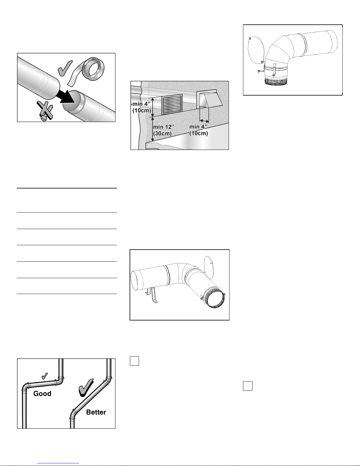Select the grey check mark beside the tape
pyautogui.click(x=65, y=68)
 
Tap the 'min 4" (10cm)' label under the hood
pyautogui.click(x=198, y=130)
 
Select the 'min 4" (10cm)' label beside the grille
pyautogui.click(x=142, y=107)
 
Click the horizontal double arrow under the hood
pyautogui.click(x=204, y=121)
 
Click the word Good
pyautogui.click(x=42, y=393)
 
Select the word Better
pyautogui.click(x=96, y=412)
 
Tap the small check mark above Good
pyautogui.click(x=45, y=376)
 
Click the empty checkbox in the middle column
pyautogui.click(x=134, y=361)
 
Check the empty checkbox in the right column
pyautogui.click(x=248, y=386)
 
